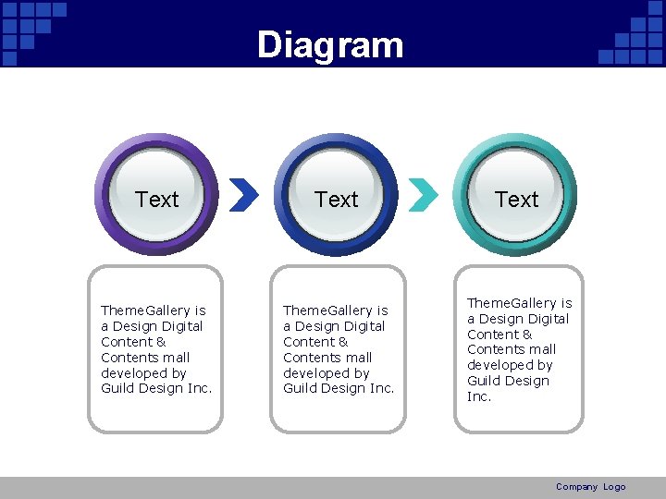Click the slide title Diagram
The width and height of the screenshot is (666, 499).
tap(330, 44)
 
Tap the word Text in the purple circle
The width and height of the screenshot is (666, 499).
tap(156, 199)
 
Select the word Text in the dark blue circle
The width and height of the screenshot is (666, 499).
tap(336, 199)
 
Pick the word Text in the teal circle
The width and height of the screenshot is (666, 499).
tap(516, 199)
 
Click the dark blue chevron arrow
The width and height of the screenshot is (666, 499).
tap(243, 194)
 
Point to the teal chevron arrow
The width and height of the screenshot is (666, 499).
tap(423, 194)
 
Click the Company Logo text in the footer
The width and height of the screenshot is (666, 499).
tap(590, 487)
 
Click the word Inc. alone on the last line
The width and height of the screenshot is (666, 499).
tap(479, 396)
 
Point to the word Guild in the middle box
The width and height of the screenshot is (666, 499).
tap(301, 389)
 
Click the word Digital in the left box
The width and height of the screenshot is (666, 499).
tap(181, 326)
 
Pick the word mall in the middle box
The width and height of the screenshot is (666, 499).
tap(358, 358)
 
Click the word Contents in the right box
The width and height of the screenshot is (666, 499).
tap(496, 349)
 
